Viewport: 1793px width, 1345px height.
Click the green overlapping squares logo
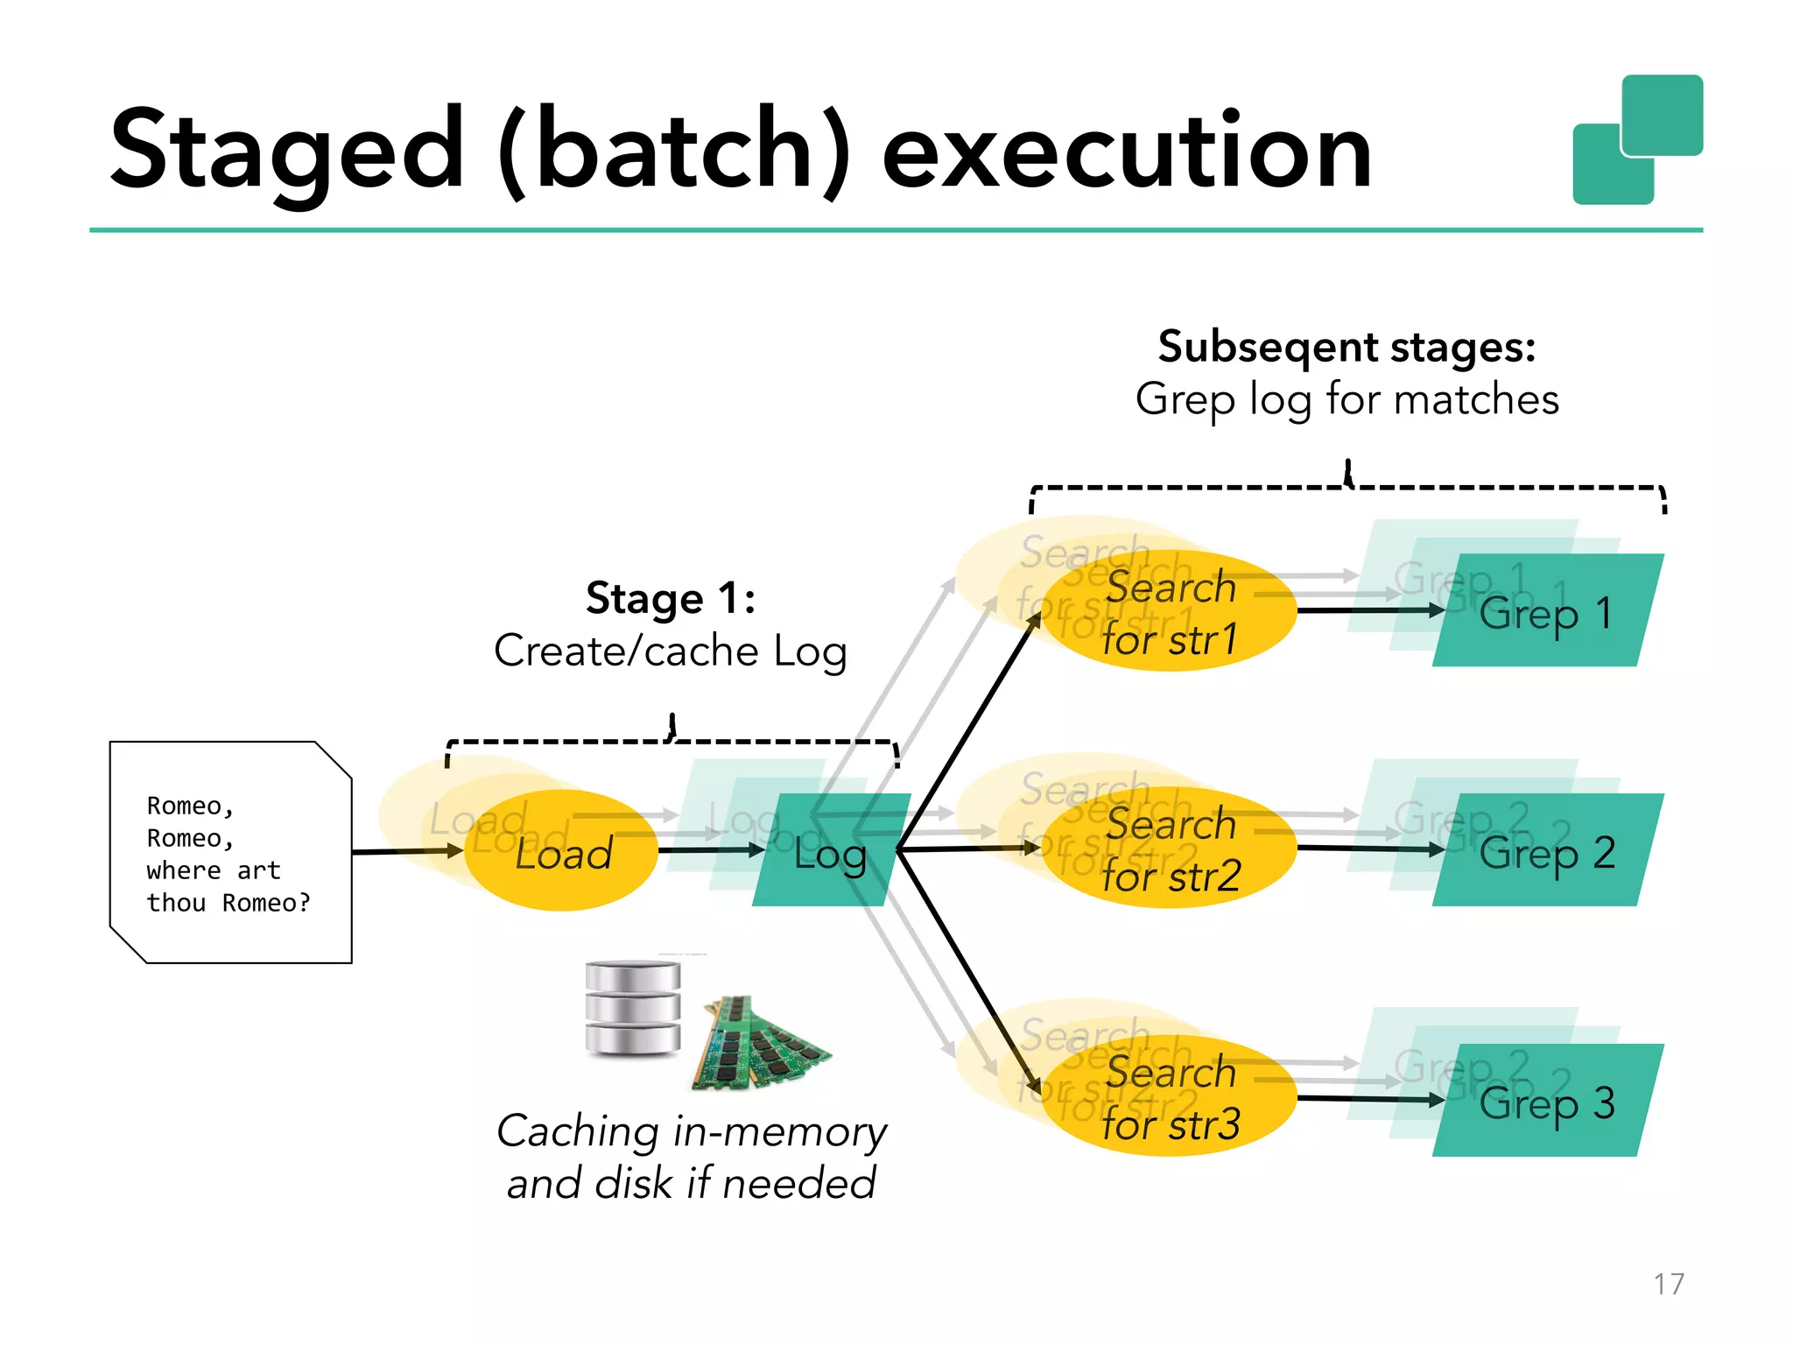[x=1637, y=140]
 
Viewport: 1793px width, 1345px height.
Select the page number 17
[x=1669, y=1284]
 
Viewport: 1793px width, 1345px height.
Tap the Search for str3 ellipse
[x=1170, y=1098]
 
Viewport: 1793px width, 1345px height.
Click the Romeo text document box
[x=229, y=853]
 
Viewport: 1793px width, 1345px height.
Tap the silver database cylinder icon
[x=632, y=1009]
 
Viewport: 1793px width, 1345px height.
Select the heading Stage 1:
[x=671, y=599]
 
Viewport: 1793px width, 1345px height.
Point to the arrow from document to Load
[x=406, y=851]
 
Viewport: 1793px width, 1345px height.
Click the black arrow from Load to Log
[x=709, y=850]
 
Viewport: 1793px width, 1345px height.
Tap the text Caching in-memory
[x=692, y=1131]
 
